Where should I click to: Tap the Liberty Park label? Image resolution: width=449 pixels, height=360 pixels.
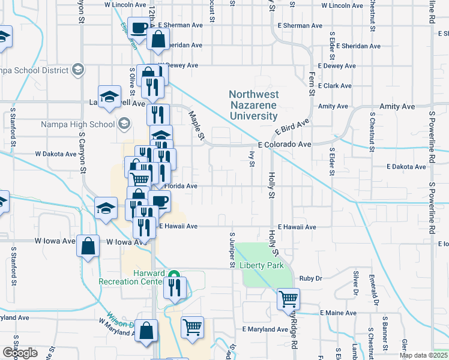point(261,265)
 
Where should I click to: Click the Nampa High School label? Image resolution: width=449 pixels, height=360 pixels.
point(77,124)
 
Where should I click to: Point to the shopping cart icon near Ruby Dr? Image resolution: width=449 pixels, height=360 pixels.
point(289,298)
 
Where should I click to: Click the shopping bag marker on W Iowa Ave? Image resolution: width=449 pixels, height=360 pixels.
point(88,245)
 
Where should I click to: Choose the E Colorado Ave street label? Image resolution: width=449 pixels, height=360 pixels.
point(285,145)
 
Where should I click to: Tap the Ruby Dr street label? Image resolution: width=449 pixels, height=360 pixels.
point(311,278)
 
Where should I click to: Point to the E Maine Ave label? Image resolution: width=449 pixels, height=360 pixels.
point(338,313)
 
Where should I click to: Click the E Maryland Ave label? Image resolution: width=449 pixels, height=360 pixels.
point(265,329)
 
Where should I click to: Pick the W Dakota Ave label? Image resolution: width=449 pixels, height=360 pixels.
point(56,154)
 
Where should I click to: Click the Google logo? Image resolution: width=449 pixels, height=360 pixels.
point(19,353)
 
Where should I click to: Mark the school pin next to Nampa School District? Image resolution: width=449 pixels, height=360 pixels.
point(77,70)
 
